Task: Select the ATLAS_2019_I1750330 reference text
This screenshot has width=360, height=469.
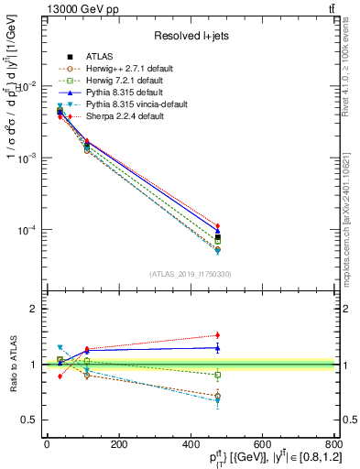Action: coord(190,274)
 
